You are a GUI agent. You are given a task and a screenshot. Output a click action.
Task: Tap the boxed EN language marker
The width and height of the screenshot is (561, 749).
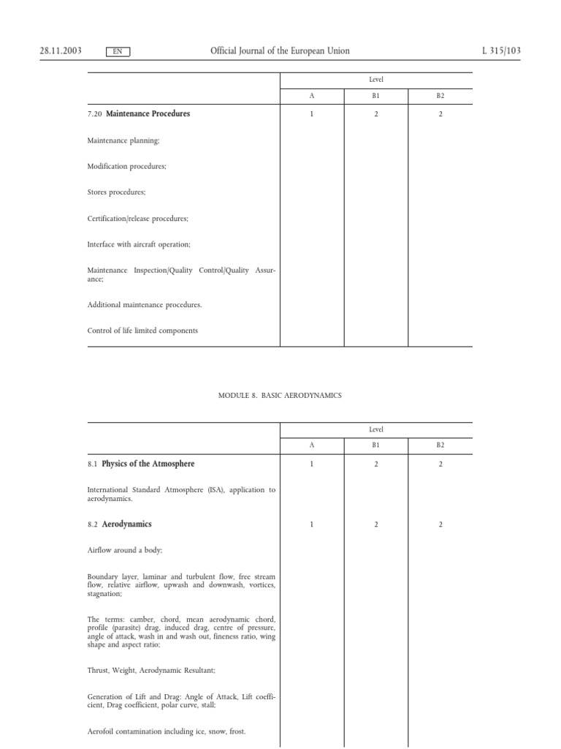[x=118, y=52]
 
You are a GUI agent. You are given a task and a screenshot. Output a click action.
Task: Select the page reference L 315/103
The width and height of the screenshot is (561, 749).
[x=501, y=51]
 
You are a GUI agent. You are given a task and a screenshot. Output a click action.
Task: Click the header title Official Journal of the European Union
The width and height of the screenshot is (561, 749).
[x=280, y=51]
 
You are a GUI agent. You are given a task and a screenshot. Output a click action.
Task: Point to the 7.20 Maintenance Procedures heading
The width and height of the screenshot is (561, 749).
[x=139, y=114]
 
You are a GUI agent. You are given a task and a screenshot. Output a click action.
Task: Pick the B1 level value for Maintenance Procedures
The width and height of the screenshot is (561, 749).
[x=375, y=115]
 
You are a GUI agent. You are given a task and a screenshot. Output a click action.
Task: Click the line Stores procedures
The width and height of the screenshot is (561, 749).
[x=117, y=192]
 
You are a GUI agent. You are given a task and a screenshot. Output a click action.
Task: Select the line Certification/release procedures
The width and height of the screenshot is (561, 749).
[x=138, y=219]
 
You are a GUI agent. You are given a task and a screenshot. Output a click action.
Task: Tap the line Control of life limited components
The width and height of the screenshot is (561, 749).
[x=142, y=331]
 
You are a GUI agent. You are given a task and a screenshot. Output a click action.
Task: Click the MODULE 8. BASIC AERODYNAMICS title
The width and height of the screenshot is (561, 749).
[x=280, y=396]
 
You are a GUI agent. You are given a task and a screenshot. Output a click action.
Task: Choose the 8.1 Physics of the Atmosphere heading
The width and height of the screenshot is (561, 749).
[x=141, y=464]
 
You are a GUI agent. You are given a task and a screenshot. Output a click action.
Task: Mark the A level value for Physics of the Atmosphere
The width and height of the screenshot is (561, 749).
[x=312, y=464]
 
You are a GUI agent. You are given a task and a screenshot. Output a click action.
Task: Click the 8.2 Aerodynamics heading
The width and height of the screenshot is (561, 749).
[x=120, y=524]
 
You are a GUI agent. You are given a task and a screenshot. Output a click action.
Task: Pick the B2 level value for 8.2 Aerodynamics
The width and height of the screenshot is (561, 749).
[x=440, y=525]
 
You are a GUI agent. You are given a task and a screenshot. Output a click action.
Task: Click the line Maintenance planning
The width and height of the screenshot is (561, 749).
[x=123, y=140]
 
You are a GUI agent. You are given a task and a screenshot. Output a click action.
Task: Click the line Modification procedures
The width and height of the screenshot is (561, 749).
[x=127, y=167]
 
